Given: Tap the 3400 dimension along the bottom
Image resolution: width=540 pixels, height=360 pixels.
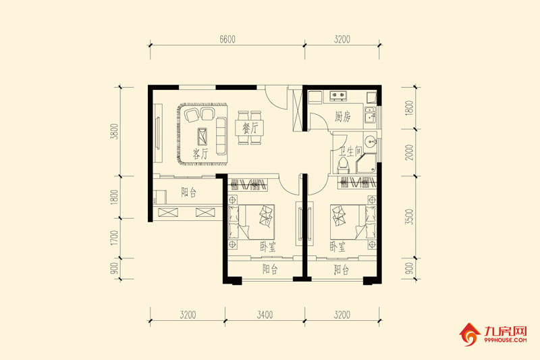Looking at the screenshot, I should (x=265, y=314).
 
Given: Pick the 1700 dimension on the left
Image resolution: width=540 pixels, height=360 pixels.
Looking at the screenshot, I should (x=114, y=238).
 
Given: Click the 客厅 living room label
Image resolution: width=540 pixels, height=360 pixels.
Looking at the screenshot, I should (x=200, y=153).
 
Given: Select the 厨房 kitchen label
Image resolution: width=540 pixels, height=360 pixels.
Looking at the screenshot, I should (x=343, y=117).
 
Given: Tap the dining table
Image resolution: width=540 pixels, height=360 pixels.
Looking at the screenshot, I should (x=250, y=127).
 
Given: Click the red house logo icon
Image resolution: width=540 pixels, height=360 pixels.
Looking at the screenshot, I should (x=470, y=334).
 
